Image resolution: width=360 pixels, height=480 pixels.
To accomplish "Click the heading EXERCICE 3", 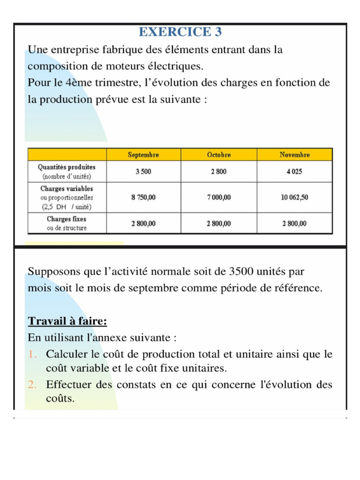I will tap(180, 32).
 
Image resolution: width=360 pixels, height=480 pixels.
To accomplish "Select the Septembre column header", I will tap(143, 155).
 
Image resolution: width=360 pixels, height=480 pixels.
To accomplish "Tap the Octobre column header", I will tap(219, 155).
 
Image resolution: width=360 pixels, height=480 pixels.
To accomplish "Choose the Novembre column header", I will tap(294, 155).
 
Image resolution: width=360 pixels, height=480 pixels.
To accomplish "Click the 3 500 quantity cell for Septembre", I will tap(143, 172).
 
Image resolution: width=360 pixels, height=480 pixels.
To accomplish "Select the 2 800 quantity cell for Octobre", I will tap(219, 172).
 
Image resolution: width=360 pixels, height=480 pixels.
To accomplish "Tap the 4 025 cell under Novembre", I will tap(294, 172).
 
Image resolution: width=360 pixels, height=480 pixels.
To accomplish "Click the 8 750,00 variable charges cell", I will tap(143, 197).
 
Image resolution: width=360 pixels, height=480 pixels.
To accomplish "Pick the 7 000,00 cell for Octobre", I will tap(219, 197).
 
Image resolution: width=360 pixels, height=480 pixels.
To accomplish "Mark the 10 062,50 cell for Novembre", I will tap(294, 197).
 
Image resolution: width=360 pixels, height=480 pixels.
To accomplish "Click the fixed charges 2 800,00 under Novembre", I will tap(294, 224).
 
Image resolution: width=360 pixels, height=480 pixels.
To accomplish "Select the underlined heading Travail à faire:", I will tap(67, 321).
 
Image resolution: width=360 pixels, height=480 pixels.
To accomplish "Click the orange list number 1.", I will tap(32, 354).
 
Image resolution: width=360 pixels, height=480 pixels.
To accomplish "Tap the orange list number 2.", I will tap(32, 385).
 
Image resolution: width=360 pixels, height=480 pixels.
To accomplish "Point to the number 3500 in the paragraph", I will tap(243, 271).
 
